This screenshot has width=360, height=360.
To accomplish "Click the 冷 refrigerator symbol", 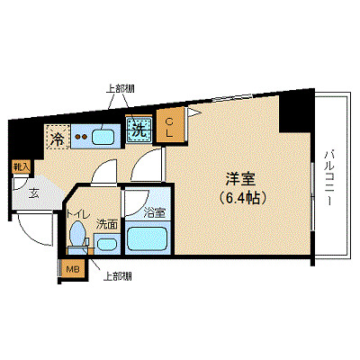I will [57, 139].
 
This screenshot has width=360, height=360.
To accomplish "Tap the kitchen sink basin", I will [103, 138].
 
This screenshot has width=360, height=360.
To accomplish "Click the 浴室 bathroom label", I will [154, 213].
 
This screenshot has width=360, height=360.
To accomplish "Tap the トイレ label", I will [78, 215].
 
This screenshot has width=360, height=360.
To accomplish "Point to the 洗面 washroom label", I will [107, 224].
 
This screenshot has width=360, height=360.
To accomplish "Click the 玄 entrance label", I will [32, 191].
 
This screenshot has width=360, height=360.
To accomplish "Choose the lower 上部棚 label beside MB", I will [117, 275].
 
